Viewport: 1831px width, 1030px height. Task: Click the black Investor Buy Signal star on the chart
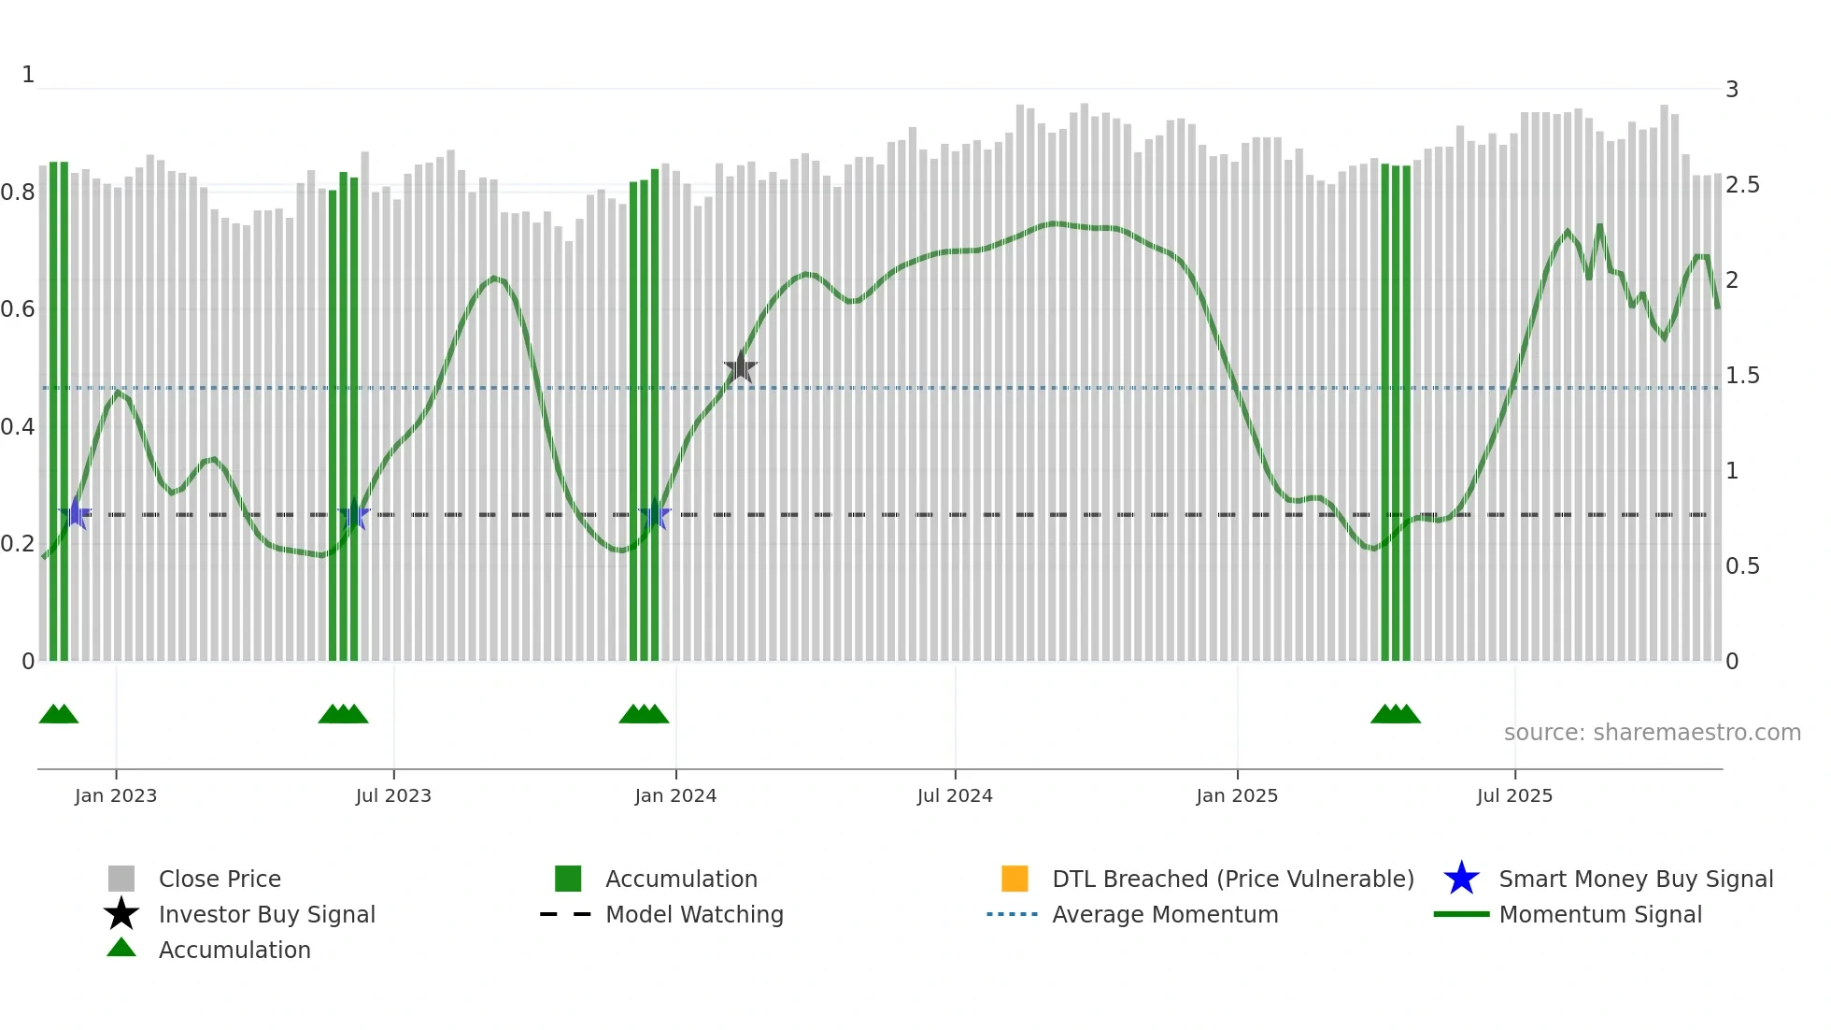[x=740, y=367]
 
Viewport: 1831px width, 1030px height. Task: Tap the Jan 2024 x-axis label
[x=675, y=795]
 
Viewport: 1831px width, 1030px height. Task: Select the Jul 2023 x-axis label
[x=393, y=795]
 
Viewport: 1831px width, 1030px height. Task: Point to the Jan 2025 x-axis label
[x=1237, y=795]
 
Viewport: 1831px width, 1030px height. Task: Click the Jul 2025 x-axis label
[x=1514, y=795]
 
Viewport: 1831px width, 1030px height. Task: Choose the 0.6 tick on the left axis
[x=18, y=309]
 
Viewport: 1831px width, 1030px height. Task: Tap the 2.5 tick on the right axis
[x=1742, y=185]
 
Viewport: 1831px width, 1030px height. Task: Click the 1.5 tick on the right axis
[x=1742, y=376]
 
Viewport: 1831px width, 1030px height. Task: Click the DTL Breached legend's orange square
[x=1015, y=879]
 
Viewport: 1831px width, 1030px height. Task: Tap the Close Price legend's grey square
[x=121, y=879]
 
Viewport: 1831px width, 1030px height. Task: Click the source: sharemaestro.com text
[x=1652, y=733]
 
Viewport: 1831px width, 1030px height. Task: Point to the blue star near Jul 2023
[x=354, y=515]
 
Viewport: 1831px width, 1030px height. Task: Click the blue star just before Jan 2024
[x=655, y=515]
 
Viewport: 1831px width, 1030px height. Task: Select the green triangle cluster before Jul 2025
[x=1395, y=714]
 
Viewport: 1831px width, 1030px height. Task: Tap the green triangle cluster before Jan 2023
[x=59, y=714]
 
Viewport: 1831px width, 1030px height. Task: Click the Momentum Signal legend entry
[x=1599, y=914]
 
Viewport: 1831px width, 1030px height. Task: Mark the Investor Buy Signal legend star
[x=121, y=914]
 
